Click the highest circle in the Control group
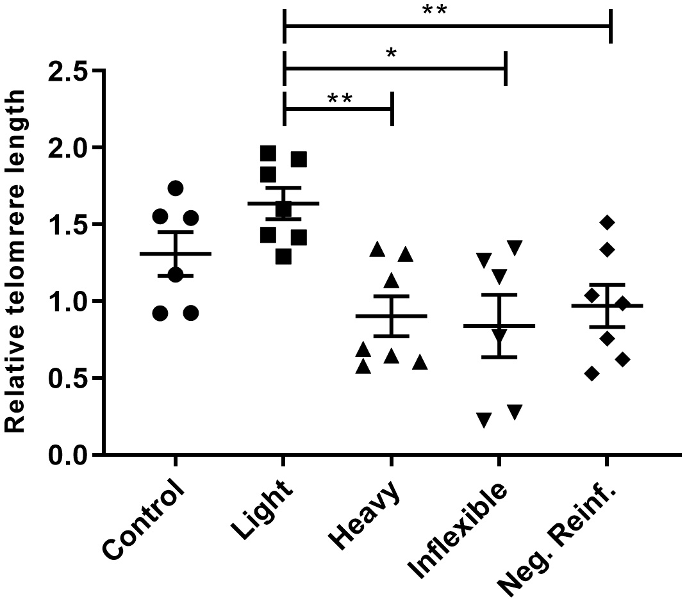pyautogui.click(x=176, y=188)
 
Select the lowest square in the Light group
pyautogui.click(x=284, y=257)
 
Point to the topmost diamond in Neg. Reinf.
pyautogui.click(x=608, y=222)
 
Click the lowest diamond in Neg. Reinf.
pyautogui.click(x=592, y=373)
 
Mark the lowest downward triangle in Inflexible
pyautogui.click(x=484, y=420)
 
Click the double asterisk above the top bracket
pyautogui.click(x=434, y=11)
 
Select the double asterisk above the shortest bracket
pyautogui.click(x=339, y=99)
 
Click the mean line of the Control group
pyautogui.click(x=176, y=254)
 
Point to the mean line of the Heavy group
pyautogui.click(x=391, y=316)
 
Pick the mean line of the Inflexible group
pyautogui.click(x=499, y=326)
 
